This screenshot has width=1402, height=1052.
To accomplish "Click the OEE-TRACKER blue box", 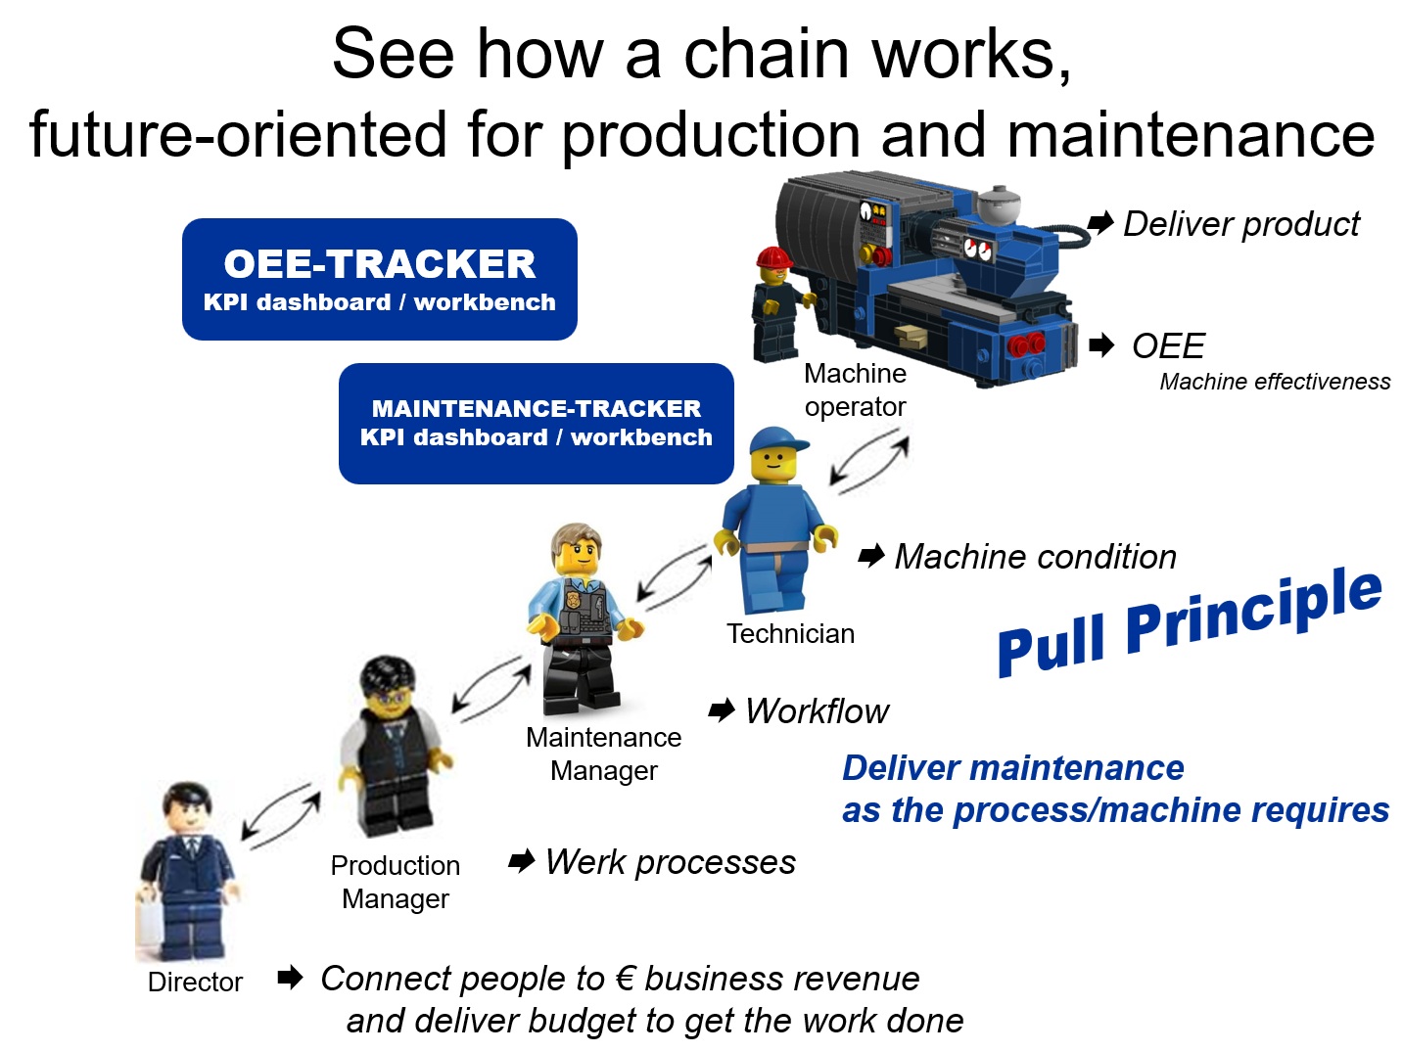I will [x=379, y=279].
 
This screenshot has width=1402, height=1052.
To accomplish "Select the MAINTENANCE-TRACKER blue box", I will [x=536, y=423].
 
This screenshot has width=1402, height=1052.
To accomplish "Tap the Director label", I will [x=195, y=982].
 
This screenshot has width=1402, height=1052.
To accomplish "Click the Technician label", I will [x=790, y=634].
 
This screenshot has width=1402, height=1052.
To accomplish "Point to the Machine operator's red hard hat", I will [x=774, y=257].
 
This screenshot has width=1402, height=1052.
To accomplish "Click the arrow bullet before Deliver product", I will [x=1100, y=223].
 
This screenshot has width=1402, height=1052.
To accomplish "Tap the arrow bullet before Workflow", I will [x=722, y=710].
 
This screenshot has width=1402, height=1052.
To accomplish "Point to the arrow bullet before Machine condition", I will [x=871, y=557].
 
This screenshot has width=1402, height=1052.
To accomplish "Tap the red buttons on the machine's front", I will [x=1026, y=343].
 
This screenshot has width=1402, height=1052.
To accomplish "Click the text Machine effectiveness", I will [x=1274, y=382].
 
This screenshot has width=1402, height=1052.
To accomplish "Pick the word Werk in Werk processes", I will [x=585, y=862].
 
